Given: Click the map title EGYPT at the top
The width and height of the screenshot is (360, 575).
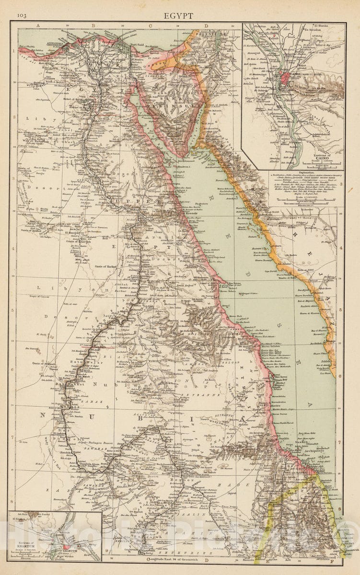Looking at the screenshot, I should tap(179, 16).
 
